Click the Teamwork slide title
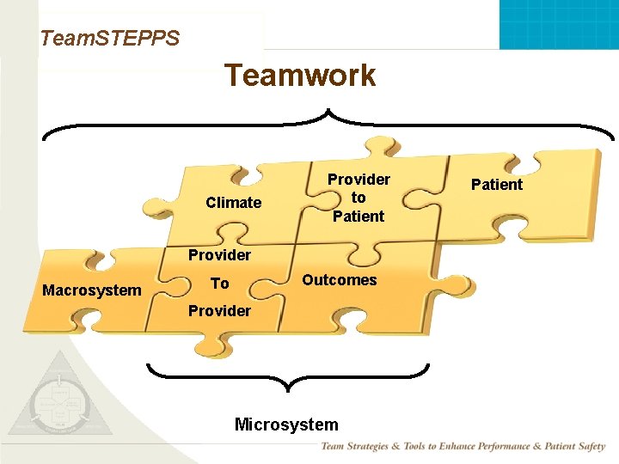click(x=300, y=76)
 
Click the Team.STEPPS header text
click(x=110, y=38)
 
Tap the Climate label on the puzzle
click(x=234, y=203)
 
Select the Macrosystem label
click(x=92, y=290)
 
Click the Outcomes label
click(x=340, y=280)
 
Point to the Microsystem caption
click(x=286, y=424)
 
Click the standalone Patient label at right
click(x=497, y=185)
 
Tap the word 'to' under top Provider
click(x=359, y=198)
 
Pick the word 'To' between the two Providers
click(x=220, y=284)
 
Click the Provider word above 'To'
click(x=220, y=255)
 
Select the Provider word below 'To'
click(x=220, y=311)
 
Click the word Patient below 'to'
click(x=359, y=217)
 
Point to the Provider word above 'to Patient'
click(x=359, y=180)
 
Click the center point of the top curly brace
click(x=328, y=112)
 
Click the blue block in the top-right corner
click(x=559, y=24)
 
